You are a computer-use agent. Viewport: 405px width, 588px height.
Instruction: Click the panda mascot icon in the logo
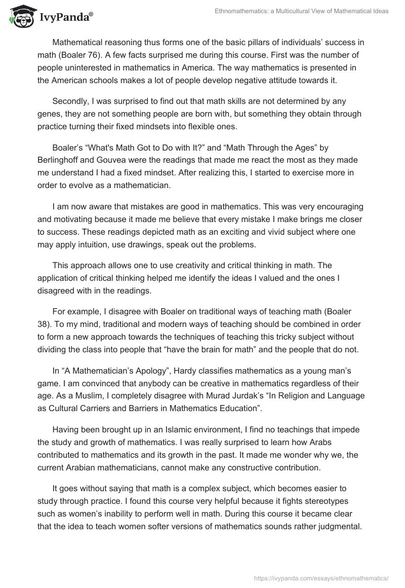pos(20,17)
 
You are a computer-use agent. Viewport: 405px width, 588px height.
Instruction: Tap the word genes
pos(50,114)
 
